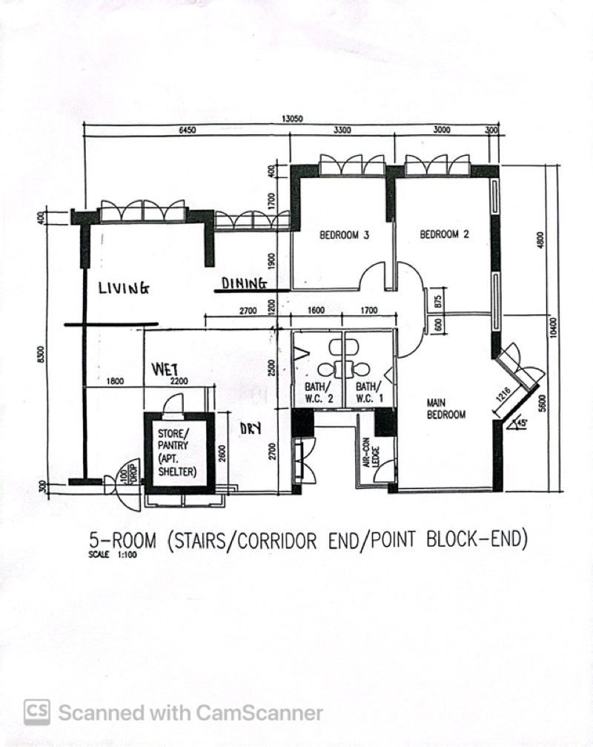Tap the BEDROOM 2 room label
click(445, 234)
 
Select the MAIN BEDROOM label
click(446, 409)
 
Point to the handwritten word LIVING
click(124, 288)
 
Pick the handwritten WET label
click(167, 369)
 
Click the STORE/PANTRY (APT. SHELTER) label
click(176, 451)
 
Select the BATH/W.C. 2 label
click(319, 392)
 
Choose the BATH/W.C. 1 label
click(368, 392)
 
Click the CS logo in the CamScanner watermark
click(37, 713)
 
